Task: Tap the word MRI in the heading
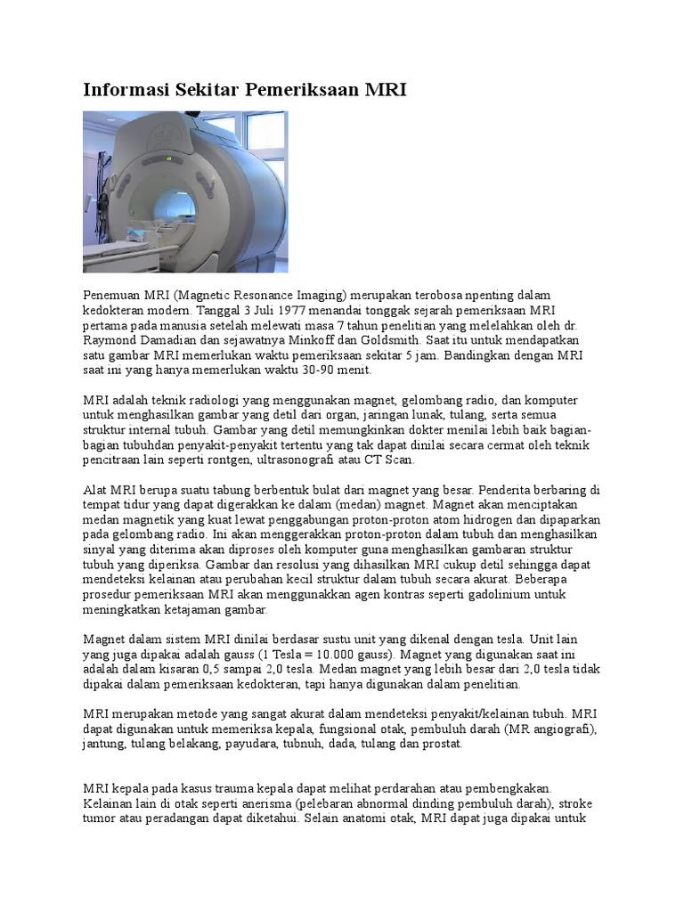click(387, 90)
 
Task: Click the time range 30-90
click(280, 370)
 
